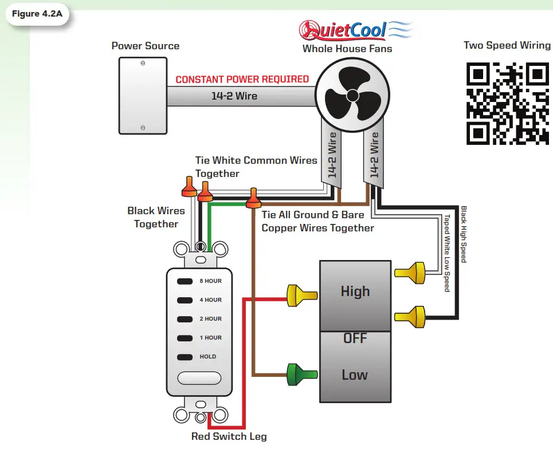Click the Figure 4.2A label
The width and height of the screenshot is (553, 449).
click(37, 14)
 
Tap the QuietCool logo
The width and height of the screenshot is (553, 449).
click(355, 30)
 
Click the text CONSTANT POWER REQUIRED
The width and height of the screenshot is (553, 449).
click(242, 80)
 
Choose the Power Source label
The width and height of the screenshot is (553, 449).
click(145, 46)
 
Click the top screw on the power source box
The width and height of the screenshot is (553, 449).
click(143, 63)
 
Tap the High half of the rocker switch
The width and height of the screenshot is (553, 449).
click(355, 292)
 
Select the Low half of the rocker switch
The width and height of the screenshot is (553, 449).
click(355, 375)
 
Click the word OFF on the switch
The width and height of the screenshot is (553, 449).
click(355, 338)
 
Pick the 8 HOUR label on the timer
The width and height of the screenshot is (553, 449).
click(210, 281)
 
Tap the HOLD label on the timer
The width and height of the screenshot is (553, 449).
click(207, 356)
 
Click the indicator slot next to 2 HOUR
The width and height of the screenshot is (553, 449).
click(184, 319)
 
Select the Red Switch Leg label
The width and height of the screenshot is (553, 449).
click(229, 436)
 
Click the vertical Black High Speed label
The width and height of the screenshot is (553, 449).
click(464, 235)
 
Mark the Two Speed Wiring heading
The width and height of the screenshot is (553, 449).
click(507, 46)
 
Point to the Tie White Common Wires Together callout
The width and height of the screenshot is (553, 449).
click(256, 167)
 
